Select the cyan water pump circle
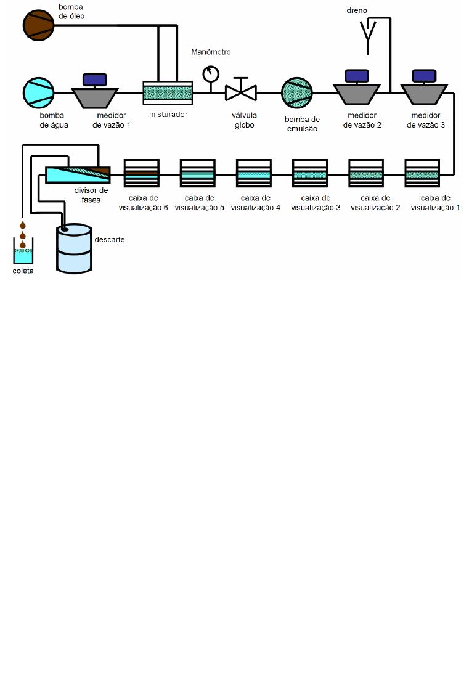(39, 92)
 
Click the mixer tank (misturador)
(168, 92)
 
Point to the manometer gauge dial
(211, 74)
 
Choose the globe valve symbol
(241, 92)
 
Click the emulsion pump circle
(298, 92)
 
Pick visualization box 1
(422, 173)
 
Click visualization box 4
(254, 173)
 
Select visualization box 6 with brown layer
(142, 173)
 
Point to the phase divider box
(78, 175)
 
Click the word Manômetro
(211, 52)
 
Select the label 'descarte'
(110, 239)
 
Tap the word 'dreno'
(357, 10)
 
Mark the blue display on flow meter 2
(357, 76)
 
